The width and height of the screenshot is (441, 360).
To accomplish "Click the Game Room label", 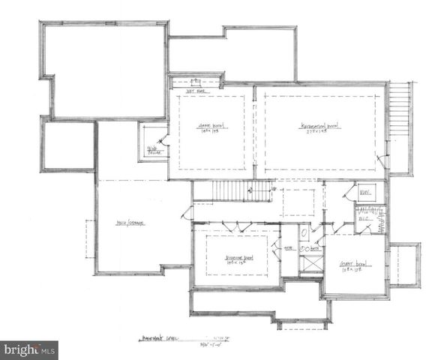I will tap(212, 125).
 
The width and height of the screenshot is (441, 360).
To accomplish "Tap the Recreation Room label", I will tap(321, 126).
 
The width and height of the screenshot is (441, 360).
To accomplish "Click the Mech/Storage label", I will tap(130, 223).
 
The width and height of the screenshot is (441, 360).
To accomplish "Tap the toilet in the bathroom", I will tap(304, 233).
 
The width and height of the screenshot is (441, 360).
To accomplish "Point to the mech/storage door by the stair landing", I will tap(185, 212).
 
